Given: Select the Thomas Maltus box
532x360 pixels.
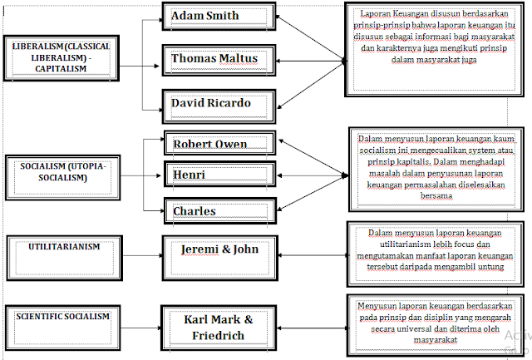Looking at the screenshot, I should [219, 59].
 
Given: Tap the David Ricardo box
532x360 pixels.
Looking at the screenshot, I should [219, 105].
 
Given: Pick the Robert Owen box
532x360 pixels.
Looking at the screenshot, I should [219, 144].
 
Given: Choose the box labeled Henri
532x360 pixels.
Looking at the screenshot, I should [219, 176].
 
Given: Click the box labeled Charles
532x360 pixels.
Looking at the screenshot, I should [219, 211].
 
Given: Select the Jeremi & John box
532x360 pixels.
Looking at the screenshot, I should [219, 251].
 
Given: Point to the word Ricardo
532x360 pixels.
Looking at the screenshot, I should [237, 105].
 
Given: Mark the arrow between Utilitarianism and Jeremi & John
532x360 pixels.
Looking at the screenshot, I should [140, 249].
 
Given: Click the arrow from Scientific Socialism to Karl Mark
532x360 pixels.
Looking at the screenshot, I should [140, 319].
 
